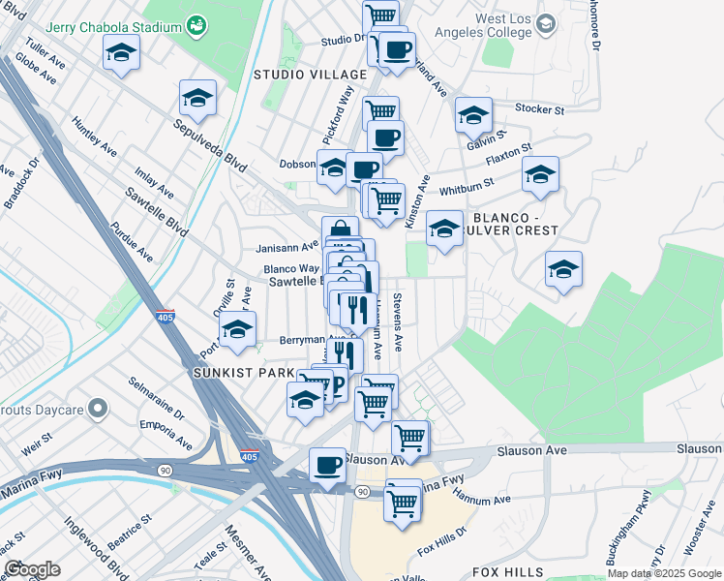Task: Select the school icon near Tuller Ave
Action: point(121,52)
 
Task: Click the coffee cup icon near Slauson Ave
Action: point(327,465)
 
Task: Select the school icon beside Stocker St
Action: point(473,115)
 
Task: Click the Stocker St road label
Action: point(540,109)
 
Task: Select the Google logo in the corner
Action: point(32,569)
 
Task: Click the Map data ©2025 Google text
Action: point(664,573)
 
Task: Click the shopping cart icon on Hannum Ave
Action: point(402,502)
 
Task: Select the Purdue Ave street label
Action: point(131,239)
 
